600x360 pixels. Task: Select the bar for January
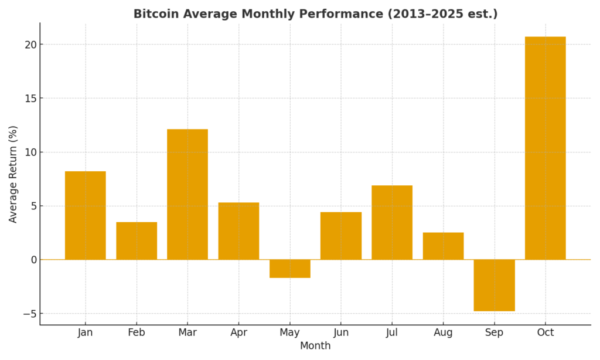tap(86, 215)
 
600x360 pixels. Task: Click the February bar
tap(137, 240)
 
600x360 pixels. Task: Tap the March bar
tap(187, 194)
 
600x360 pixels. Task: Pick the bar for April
tap(238, 231)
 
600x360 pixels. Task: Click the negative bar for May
tap(289, 269)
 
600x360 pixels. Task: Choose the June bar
tap(341, 236)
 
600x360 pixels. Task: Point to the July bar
tap(392, 222)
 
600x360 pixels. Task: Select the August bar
tap(443, 246)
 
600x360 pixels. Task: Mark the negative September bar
tap(494, 285)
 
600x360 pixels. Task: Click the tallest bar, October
tap(546, 148)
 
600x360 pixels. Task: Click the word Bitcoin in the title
tap(155, 14)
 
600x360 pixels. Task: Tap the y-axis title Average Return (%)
tap(13, 174)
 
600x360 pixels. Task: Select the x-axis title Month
tap(315, 346)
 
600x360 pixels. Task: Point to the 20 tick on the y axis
tap(30, 45)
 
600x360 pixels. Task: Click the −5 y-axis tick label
tap(28, 314)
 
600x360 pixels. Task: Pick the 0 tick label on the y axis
tap(33, 260)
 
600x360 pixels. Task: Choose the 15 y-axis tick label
tap(30, 99)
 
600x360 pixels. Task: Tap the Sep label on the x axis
tap(494, 332)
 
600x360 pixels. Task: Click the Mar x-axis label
tap(187, 332)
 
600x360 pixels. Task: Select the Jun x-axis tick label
tap(341, 332)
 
